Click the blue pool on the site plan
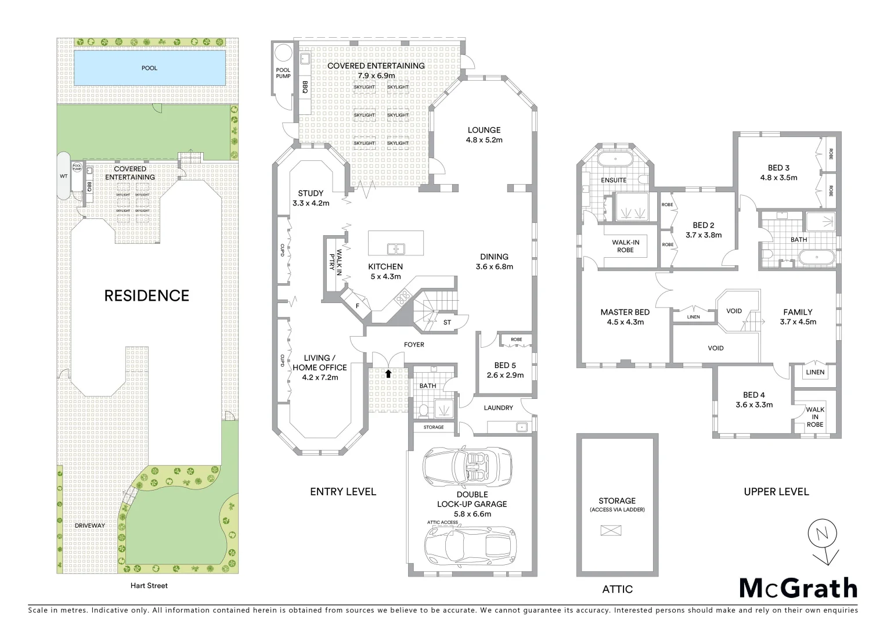coord(149,67)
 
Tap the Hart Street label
coord(149,586)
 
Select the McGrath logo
coord(798,588)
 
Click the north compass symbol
coord(822,535)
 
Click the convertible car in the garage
coord(467,466)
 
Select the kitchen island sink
coord(396,248)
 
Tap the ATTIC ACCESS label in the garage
coord(442,522)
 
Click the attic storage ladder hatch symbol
coord(611,530)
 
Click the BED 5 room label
coord(505,365)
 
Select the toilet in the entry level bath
coord(424,410)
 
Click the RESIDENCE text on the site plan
coord(146,296)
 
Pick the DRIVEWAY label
coord(90,525)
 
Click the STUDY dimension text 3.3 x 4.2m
coord(311,203)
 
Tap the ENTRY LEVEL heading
coord(342,492)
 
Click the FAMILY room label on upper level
coord(798,312)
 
